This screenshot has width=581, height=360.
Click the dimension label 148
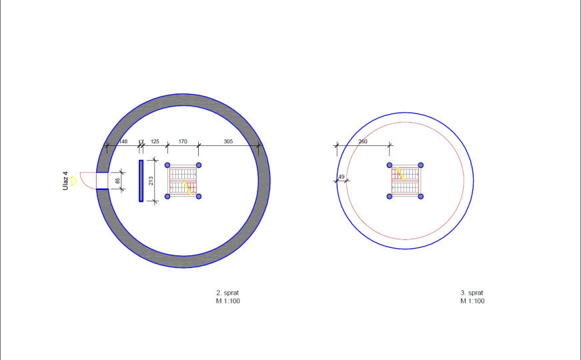pyautogui.click(x=123, y=141)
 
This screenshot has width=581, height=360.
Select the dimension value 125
pyautogui.click(x=155, y=141)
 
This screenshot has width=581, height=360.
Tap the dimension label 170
pyautogui.click(x=183, y=141)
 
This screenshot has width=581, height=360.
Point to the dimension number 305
pyautogui.click(x=228, y=141)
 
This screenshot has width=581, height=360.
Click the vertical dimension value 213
pyautogui.click(x=151, y=181)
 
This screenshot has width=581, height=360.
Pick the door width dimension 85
pyautogui.click(x=117, y=181)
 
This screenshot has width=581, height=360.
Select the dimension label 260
pyautogui.click(x=363, y=141)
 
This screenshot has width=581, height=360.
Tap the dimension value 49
pyautogui.click(x=342, y=177)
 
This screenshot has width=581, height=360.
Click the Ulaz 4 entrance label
pyautogui.click(x=65, y=181)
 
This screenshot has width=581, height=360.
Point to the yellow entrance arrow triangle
pyautogui.click(x=74, y=181)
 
